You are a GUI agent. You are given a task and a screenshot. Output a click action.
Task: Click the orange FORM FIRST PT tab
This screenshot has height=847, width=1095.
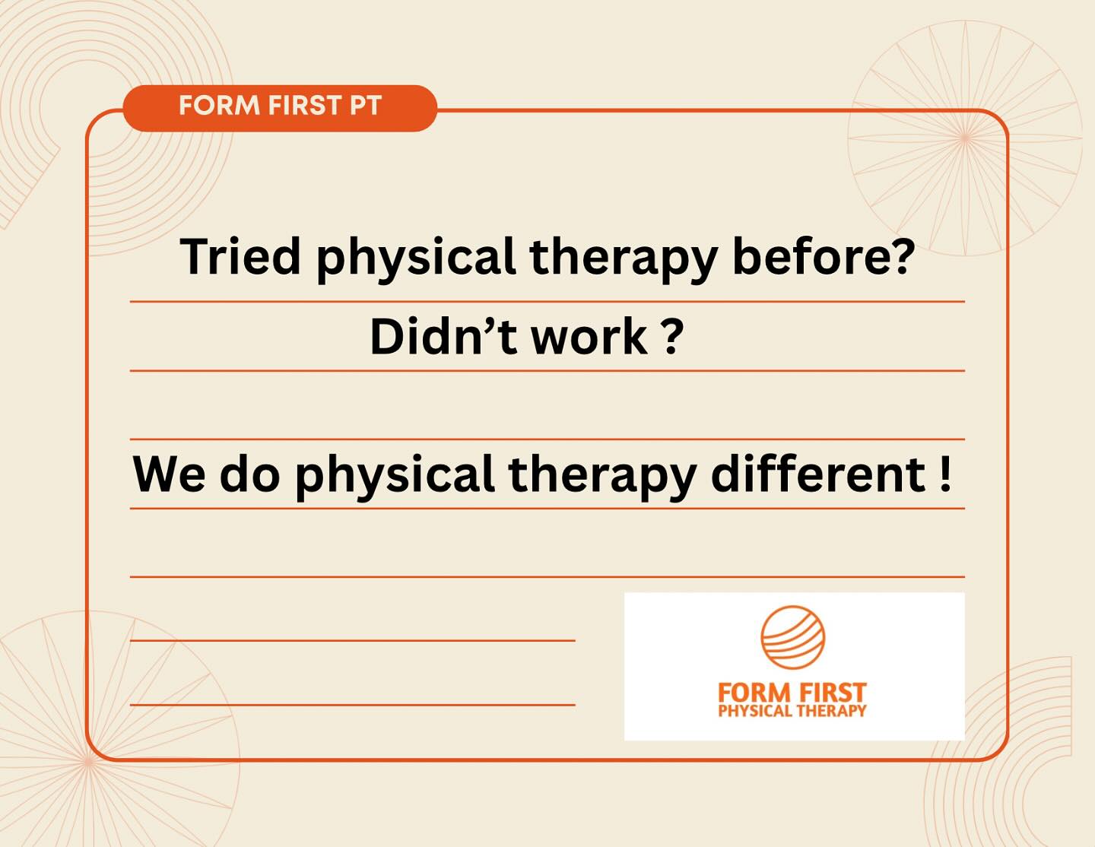click(x=280, y=108)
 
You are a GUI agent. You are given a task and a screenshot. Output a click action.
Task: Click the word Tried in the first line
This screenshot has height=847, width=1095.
click(x=240, y=256)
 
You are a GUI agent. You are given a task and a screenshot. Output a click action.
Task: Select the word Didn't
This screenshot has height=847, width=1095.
click(x=443, y=337)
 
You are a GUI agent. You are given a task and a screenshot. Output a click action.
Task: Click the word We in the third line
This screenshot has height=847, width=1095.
click(x=169, y=474)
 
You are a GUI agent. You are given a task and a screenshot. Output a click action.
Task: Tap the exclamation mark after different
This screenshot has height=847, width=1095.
click(x=945, y=474)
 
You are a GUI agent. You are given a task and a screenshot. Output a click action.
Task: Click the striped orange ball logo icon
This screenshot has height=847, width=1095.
click(x=792, y=637)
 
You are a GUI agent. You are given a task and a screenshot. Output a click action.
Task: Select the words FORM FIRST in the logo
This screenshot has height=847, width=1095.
click(x=792, y=693)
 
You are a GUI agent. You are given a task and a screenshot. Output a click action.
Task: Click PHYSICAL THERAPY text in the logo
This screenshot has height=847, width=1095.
click(x=792, y=711)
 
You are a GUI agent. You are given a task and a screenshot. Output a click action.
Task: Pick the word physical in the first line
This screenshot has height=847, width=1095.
click(x=416, y=259)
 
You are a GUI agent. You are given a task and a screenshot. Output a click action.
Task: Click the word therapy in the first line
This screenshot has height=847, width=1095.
click(x=624, y=259)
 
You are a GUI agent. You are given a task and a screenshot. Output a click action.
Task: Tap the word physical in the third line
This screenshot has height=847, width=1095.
click(x=395, y=477)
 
